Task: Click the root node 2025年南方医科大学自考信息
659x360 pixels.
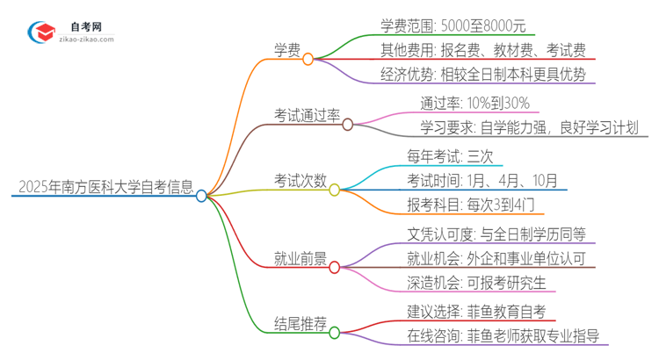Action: [103, 187]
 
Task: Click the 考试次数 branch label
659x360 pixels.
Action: [298, 181]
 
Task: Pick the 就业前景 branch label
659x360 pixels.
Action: [299, 259]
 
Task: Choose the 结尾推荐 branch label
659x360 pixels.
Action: [299, 324]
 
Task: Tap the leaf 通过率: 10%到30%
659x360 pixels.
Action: [474, 103]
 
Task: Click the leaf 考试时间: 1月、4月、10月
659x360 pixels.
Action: [482, 181]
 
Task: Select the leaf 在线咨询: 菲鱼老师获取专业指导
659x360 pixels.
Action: [503, 336]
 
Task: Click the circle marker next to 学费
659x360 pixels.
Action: [308, 60]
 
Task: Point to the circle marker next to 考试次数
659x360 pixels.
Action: [334, 190]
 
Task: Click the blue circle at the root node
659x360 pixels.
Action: [201, 196]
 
